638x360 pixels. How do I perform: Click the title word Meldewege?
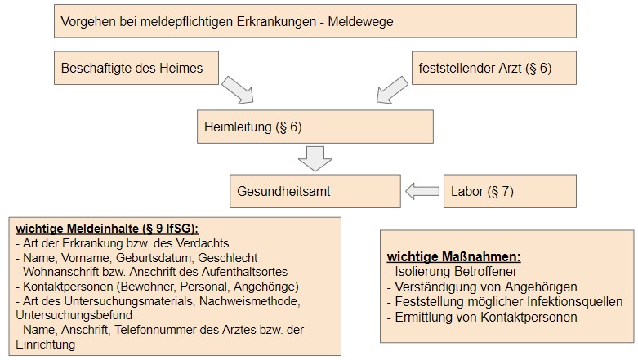click(x=360, y=21)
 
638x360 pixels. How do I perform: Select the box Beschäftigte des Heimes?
click(x=136, y=68)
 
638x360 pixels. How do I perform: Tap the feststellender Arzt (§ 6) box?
click(x=494, y=68)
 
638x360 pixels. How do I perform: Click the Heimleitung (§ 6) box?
click(x=315, y=127)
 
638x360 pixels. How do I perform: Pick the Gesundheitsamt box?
click(x=315, y=191)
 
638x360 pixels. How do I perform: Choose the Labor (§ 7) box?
click(x=510, y=191)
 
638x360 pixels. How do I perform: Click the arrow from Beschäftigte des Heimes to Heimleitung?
click(x=238, y=90)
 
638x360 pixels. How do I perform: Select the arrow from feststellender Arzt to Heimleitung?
click(x=392, y=90)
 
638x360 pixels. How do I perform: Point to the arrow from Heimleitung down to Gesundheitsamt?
click(x=315, y=158)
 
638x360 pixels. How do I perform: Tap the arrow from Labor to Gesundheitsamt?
click(x=422, y=191)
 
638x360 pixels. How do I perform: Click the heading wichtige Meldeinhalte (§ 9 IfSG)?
click(x=107, y=229)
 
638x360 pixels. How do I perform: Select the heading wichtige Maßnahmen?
click(x=453, y=256)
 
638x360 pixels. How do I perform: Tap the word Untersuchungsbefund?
click(x=74, y=315)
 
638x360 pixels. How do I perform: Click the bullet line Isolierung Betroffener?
click(x=452, y=271)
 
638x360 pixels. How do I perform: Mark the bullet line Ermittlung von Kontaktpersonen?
click(x=482, y=318)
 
